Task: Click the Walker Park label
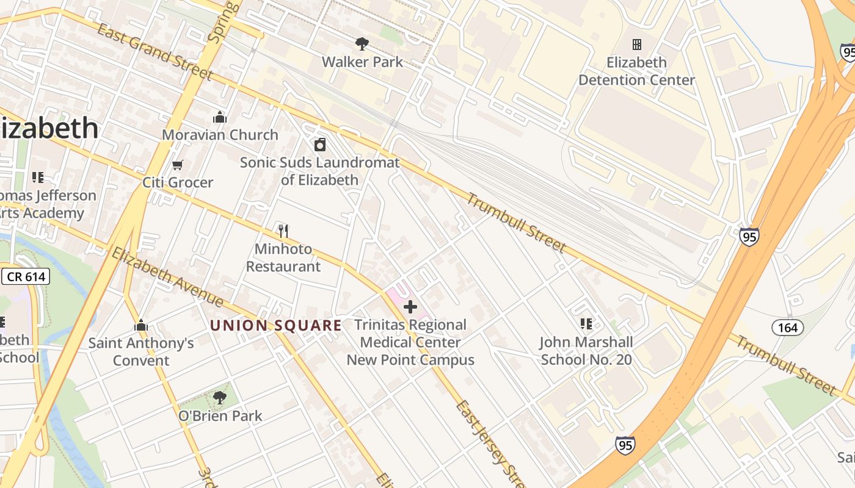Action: pyautogui.click(x=362, y=62)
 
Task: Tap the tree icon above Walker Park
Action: pyautogui.click(x=362, y=43)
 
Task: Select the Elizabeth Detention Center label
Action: pyautogui.click(x=636, y=71)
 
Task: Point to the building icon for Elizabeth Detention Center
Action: pyautogui.click(x=636, y=45)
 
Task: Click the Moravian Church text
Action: pyautogui.click(x=220, y=135)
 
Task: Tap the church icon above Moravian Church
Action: pyautogui.click(x=220, y=117)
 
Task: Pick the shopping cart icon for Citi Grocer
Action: pyautogui.click(x=178, y=165)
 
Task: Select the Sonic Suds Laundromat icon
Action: pyautogui.click(x=319, y=145)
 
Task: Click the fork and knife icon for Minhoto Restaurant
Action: pyautogui.click(x=283, y=231)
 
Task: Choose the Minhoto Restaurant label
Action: pyautogui.click(x=283, y=258)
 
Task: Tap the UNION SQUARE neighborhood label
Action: pyautogui.click(x=275, y=326)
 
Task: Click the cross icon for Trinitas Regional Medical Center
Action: pyautogui.click(x=410, y=307)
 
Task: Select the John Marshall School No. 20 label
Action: pyautogui.click(x=586, y=351)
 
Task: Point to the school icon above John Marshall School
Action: pyautogui.click(x=586, y=324)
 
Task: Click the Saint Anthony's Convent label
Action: pyautogui.click(x=141, y=351)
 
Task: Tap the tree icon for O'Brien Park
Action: pyautogui.click(x=220, y=398)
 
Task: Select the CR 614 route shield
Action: pyautogui.click(x=26, y=276)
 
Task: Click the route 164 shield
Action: pyautogui.click(x=787, y=328)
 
